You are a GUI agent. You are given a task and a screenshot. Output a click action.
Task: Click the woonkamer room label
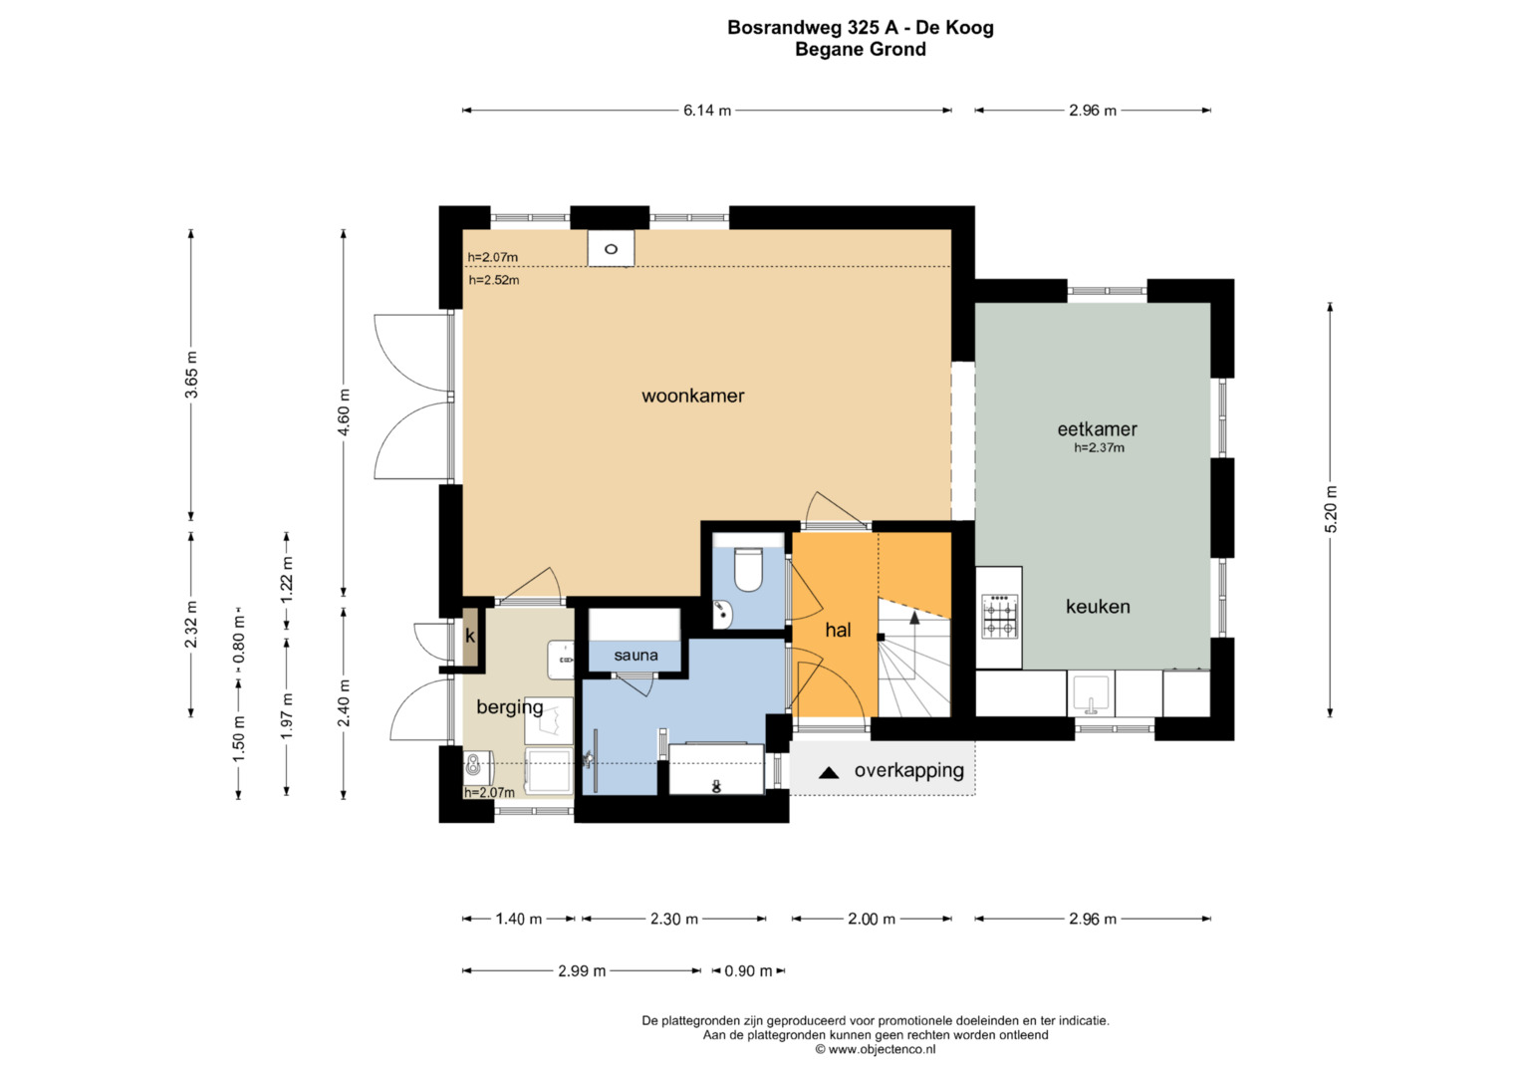[692, 396]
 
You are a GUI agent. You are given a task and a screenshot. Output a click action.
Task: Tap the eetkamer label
[1097, 429]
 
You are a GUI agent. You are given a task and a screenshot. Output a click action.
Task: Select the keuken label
[1098, 607]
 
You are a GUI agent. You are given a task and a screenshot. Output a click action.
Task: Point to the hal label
[838, 630]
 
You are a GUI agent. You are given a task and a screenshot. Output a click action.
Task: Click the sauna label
[635, 656]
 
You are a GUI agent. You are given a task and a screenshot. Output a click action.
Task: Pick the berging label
[509, 707]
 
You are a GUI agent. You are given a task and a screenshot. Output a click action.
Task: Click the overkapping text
[908, 771]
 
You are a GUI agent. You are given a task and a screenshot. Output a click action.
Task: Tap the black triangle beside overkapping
[829, 772]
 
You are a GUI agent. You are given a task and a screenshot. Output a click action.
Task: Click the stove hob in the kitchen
[999, 617]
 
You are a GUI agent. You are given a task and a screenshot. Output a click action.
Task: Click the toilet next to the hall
[748, 568]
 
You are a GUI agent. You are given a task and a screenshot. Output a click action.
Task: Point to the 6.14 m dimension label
[707, 111]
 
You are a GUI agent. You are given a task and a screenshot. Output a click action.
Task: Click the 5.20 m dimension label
[1331, 509]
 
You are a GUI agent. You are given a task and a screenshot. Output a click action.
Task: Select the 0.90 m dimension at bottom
[748, 971]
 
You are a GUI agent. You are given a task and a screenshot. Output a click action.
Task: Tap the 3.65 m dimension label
[191, 376]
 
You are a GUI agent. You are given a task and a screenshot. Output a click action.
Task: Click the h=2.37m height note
[1099, 448]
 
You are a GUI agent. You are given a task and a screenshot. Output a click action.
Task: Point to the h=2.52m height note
[494, 281]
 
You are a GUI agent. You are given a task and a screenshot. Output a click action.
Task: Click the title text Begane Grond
[860, 50]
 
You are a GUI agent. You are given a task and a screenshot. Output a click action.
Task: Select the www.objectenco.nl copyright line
[875, 1049]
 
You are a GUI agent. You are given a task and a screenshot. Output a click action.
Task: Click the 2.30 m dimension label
[674, 920]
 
